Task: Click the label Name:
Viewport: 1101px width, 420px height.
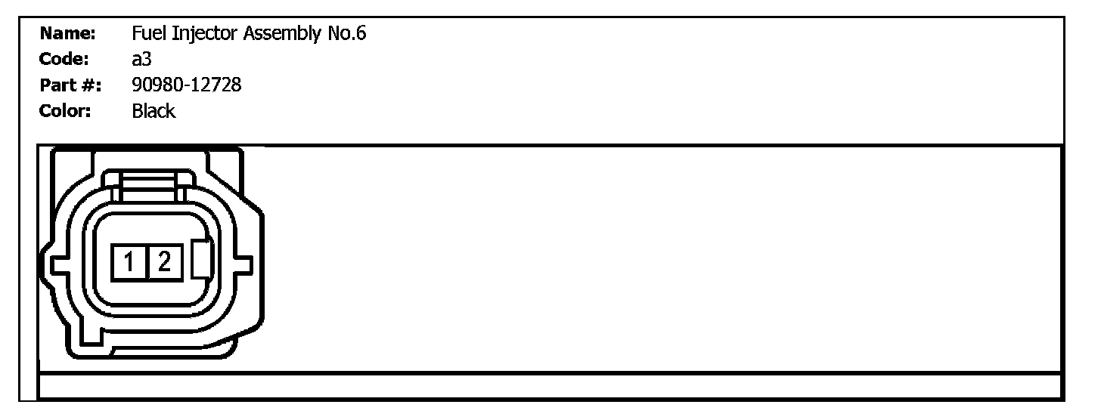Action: [67, 34]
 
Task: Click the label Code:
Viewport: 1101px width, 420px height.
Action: [65, 60]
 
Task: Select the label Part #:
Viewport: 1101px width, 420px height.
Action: [67, 85]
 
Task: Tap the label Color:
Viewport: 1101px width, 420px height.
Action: [66, 112]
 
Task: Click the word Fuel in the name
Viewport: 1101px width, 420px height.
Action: [145, 34]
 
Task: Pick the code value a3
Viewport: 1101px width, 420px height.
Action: [141, 60]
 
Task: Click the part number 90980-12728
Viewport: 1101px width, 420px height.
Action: [186, 85]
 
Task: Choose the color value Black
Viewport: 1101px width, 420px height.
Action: [154, 112]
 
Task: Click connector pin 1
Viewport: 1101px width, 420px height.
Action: [129, 262]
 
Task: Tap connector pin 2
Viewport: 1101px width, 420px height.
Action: [164, 262]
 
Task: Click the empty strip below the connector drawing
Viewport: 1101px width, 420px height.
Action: [550, 385]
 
